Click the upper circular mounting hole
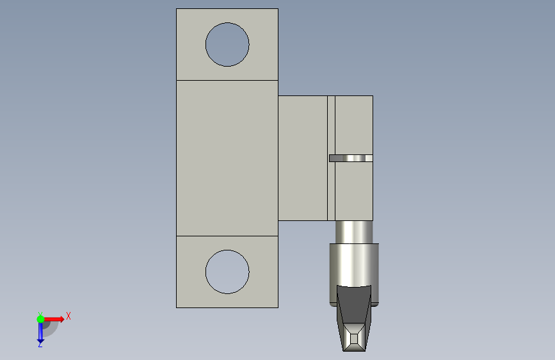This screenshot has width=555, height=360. point(227,44)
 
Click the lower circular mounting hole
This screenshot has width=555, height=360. point(227,272)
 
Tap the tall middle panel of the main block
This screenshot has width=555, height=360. point(227,158)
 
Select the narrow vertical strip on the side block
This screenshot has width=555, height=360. point(331,158)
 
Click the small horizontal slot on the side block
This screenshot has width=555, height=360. point(351,158)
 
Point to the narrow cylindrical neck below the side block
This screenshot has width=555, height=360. point(354,232)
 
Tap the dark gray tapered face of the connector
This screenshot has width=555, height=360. point(354,304)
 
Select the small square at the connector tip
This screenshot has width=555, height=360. point(354,339)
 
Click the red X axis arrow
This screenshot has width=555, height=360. point(54,319)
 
